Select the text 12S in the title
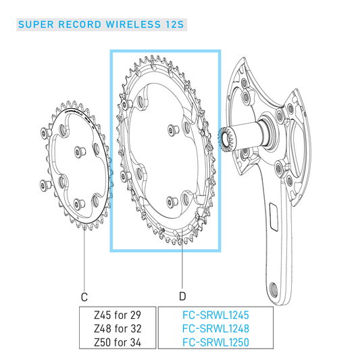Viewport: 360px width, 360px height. click(174, 26)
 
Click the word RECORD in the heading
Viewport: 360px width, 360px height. click(78, 26)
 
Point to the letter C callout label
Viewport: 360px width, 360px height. click(84, 297)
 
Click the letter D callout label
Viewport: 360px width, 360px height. click(182, 297)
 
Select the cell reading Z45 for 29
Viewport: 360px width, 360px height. click(118, 315)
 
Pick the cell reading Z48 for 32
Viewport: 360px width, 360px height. click(118, 329)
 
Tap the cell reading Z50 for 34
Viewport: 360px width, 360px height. click(118, 342)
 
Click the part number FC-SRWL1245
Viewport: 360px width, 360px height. click(215, 315)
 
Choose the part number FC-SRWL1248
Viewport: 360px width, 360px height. click(215, 329)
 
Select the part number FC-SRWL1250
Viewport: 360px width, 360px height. click(215, 342)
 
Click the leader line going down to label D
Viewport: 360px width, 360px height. click(182, 270)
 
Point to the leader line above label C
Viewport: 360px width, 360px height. click(84, 263)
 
